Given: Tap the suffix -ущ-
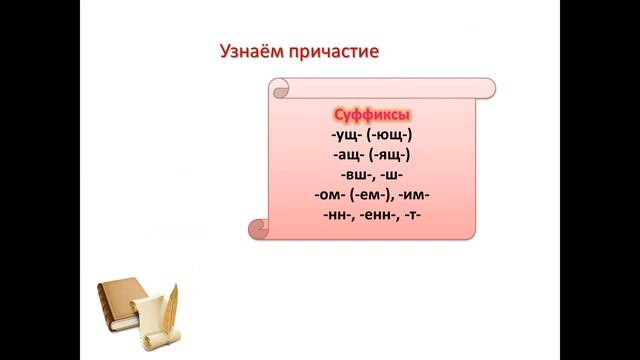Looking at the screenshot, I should (x=345, y=135).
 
